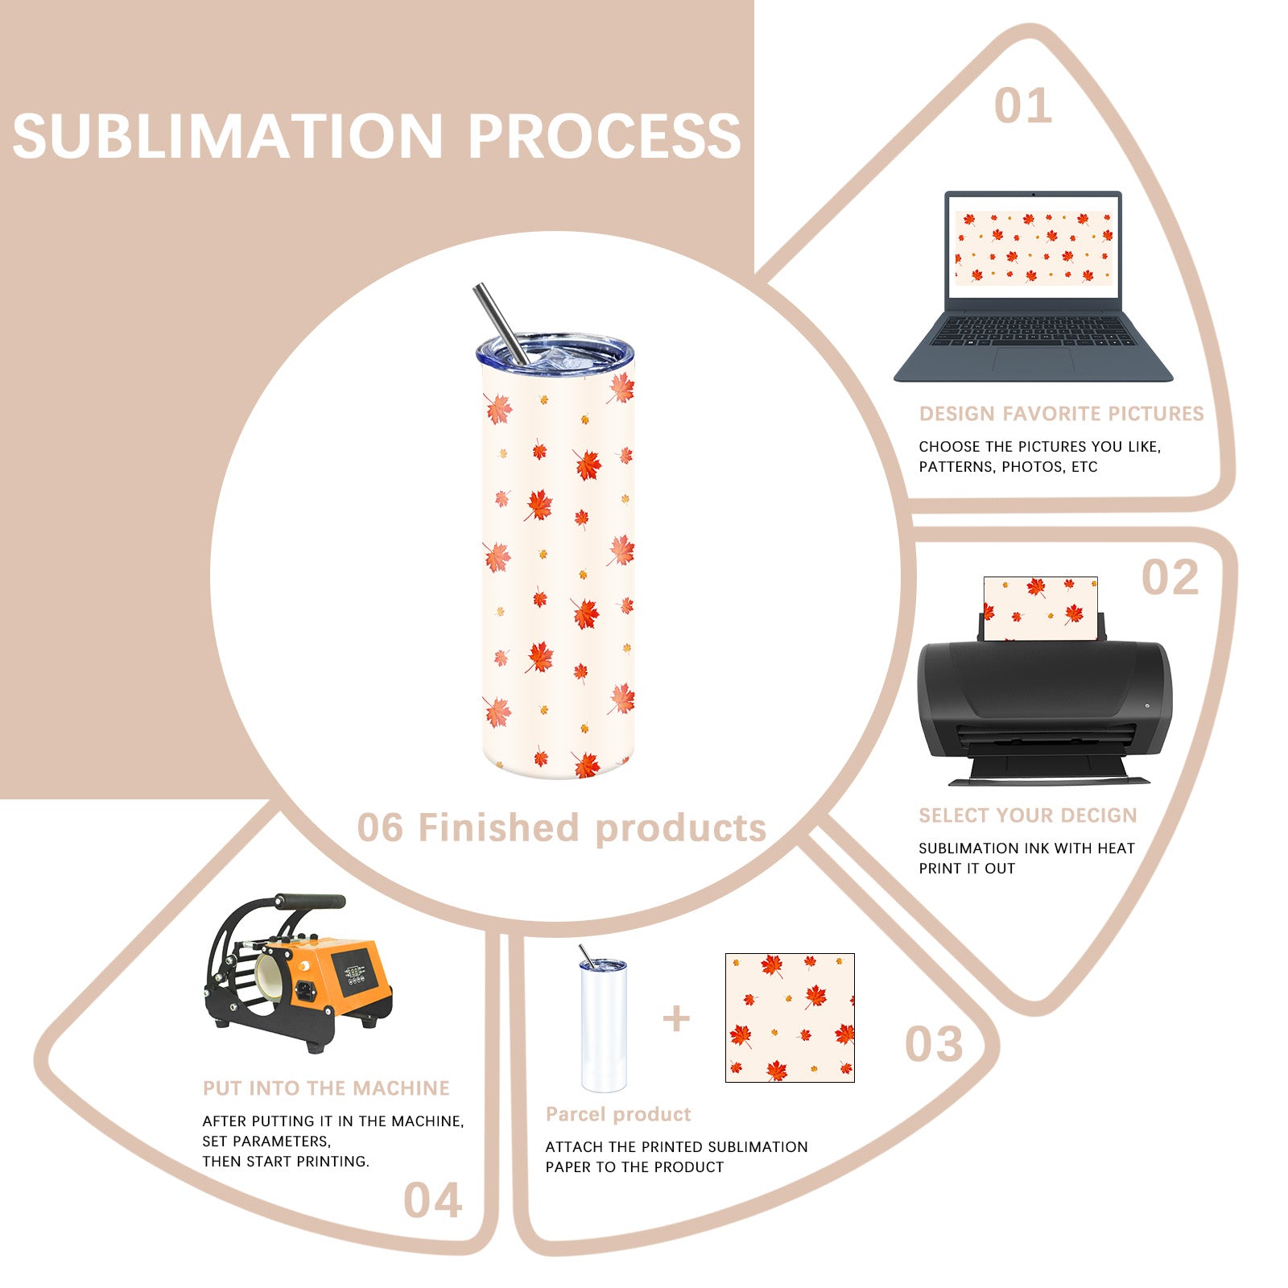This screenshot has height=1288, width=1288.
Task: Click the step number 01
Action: click(x=1022, y=106)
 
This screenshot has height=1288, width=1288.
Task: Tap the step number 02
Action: click(x=1170, y=578)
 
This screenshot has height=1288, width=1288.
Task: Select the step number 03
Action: click(x=933, y=1044)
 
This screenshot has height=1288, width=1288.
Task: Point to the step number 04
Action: click(x=432, y=1200)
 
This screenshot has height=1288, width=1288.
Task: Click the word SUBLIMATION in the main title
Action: click(x=228, y=135)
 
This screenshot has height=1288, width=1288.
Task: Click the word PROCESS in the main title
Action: click(x=604, y=135)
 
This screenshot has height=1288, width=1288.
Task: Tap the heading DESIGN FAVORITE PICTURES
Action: click(x=1061, y=414)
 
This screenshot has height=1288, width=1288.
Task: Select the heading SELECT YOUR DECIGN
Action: click(x=1028, y=815)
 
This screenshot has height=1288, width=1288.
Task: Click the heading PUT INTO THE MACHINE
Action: click(x=326, y=1088)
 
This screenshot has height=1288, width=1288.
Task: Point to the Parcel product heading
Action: click(x=618, y=1114)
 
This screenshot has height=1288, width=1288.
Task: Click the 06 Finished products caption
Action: click(x=561, y=828)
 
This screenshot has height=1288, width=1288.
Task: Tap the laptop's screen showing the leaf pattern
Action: click(x=1034, y=247)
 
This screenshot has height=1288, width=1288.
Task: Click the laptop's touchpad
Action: click(x=1033, y=359)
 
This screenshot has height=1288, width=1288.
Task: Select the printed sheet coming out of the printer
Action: click(x=1040, y=608)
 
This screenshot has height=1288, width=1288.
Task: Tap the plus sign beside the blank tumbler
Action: click(x=676, y=1019)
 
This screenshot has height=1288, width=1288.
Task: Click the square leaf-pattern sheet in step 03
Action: click(x=790, y=1018)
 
